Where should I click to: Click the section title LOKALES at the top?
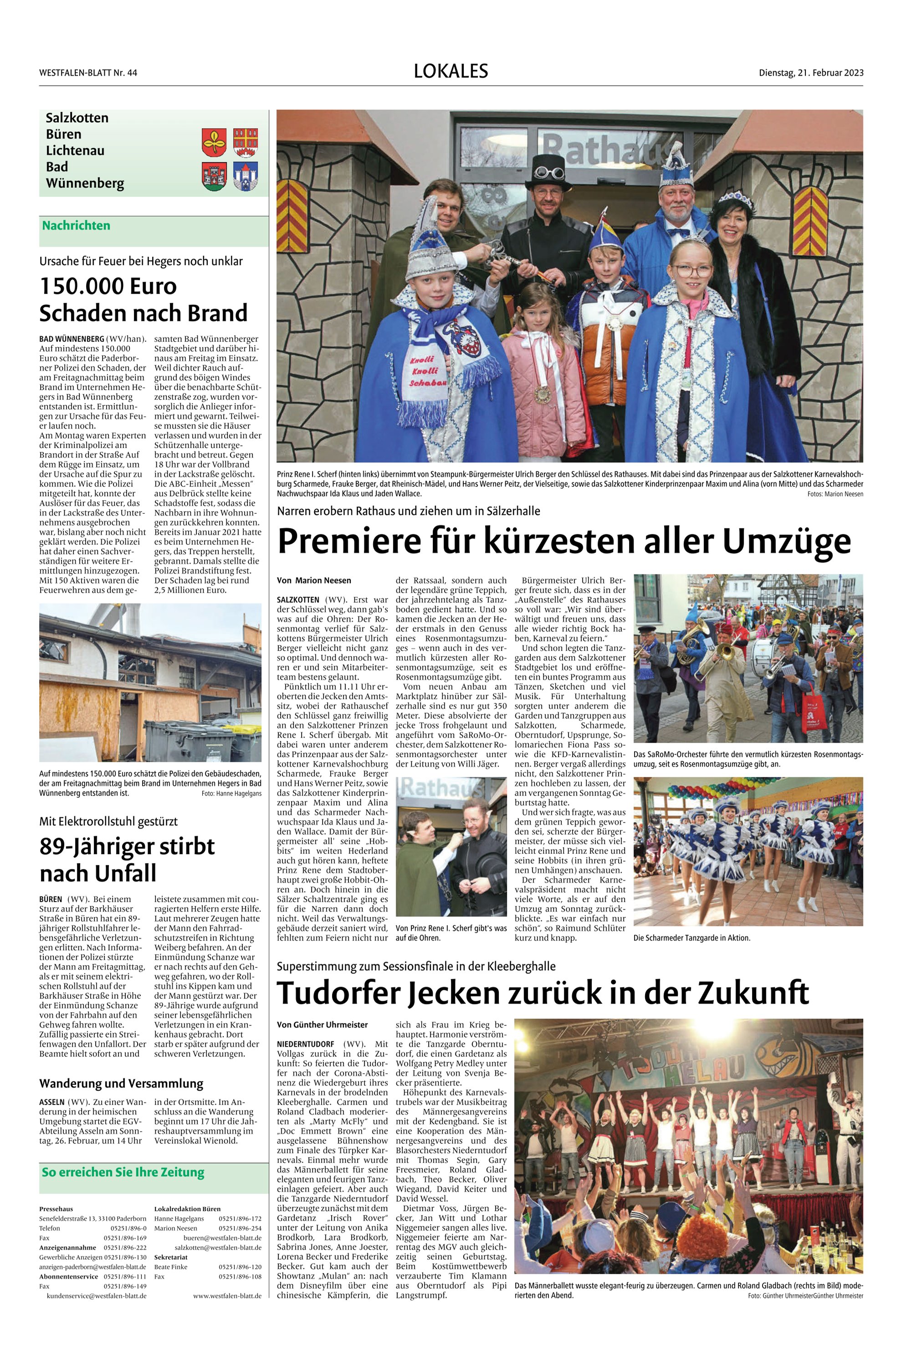[x=450, y=71]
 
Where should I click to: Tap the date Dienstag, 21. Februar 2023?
[x=811, y=72]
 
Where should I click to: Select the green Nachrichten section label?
[x=76, y=225]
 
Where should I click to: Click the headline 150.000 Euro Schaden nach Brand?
[x=143, y=300]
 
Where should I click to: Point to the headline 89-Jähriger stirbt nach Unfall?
[x=127, y=859]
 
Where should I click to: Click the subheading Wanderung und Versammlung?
[x=121, y=1083]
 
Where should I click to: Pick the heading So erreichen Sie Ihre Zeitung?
[x=123, y=1172]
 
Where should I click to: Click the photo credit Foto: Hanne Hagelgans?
[x=231, y=793]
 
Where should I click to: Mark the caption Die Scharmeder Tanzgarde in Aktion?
[x=692, y=938]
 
